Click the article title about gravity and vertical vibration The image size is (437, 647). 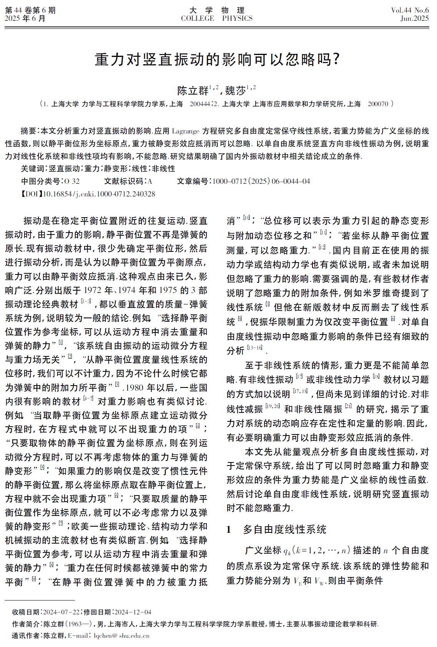pos(218,60)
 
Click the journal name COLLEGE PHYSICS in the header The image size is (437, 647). pos(217,18)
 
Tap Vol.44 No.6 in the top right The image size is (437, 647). pos(409,10)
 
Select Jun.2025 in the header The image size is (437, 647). pos(414,18)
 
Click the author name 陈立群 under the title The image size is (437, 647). pos(193,91)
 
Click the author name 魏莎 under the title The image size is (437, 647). pos(236,91)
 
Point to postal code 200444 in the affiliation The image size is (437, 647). pos(199,104)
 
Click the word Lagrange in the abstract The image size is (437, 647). pos(186,131)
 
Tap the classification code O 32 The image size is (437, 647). pos(72,181)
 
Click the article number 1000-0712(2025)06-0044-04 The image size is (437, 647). pos(261,181)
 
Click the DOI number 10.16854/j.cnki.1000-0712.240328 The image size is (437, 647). pos(99,194)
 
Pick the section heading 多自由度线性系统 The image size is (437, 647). pos(284,530)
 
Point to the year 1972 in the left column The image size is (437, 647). pos(93,291)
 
